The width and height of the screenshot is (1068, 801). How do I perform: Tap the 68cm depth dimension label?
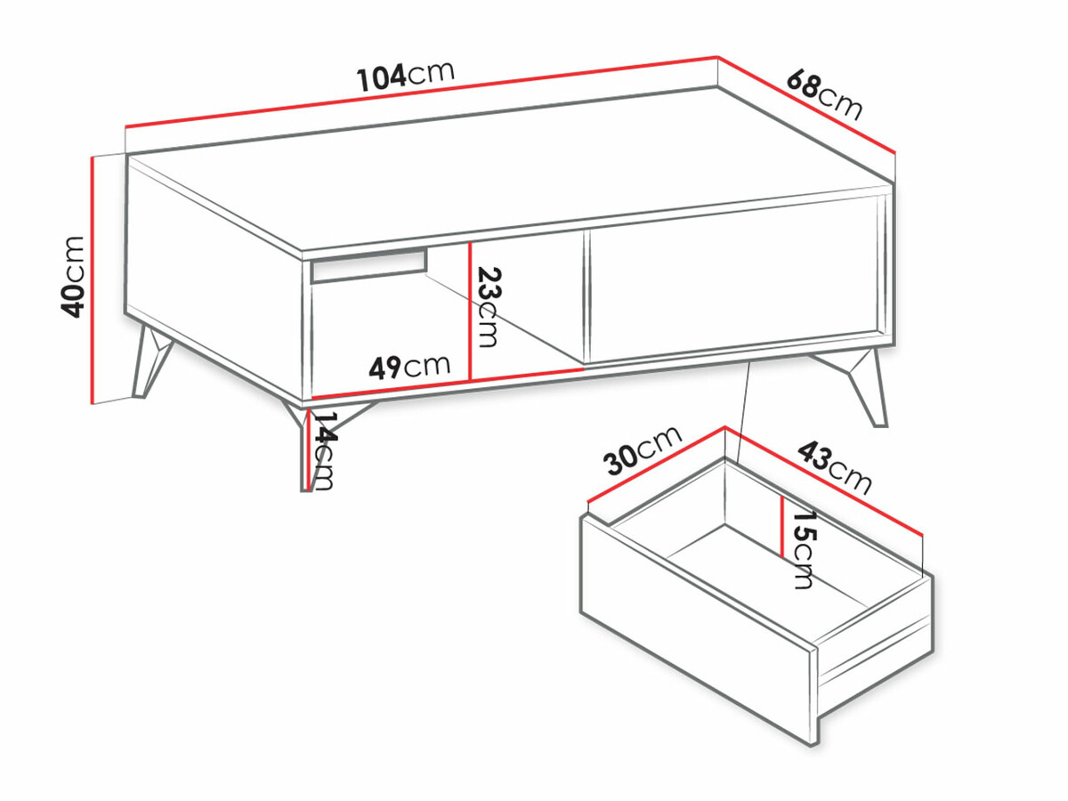824,93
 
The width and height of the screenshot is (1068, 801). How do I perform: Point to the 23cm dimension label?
486,307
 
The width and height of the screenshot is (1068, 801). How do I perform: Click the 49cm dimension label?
410,366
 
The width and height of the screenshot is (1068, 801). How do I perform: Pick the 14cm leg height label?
322,450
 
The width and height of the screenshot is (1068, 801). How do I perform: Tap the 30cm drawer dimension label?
642,451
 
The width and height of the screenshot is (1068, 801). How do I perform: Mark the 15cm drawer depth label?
803,550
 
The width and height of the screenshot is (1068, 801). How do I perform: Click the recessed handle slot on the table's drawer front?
368,264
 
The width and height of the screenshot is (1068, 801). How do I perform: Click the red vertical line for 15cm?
781,527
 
